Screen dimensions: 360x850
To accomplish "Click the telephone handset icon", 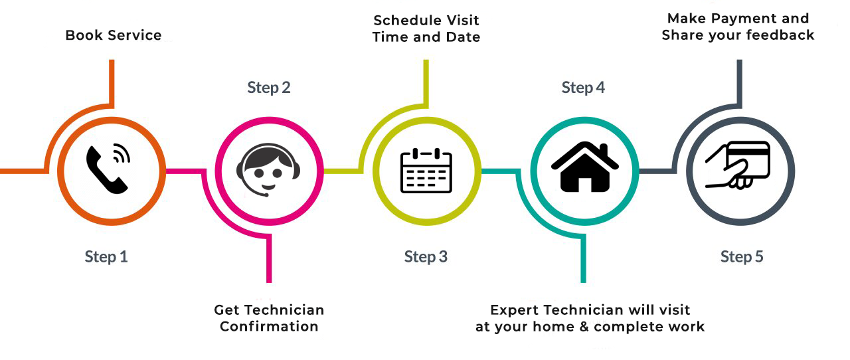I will (106, 171).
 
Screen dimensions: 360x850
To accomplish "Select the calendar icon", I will (426, 171).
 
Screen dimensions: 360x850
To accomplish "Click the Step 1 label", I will (106, 256).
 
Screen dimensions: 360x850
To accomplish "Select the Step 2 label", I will (269, 87).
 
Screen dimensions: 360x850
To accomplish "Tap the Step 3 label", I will (426, 256).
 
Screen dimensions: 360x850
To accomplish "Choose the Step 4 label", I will (583, 87).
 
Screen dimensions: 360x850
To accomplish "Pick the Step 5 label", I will (742, 256).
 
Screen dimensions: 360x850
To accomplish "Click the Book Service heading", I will (114, 35).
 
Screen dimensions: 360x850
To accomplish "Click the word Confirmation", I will (269, 326).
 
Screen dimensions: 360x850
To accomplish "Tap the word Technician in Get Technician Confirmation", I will (284, 310).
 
